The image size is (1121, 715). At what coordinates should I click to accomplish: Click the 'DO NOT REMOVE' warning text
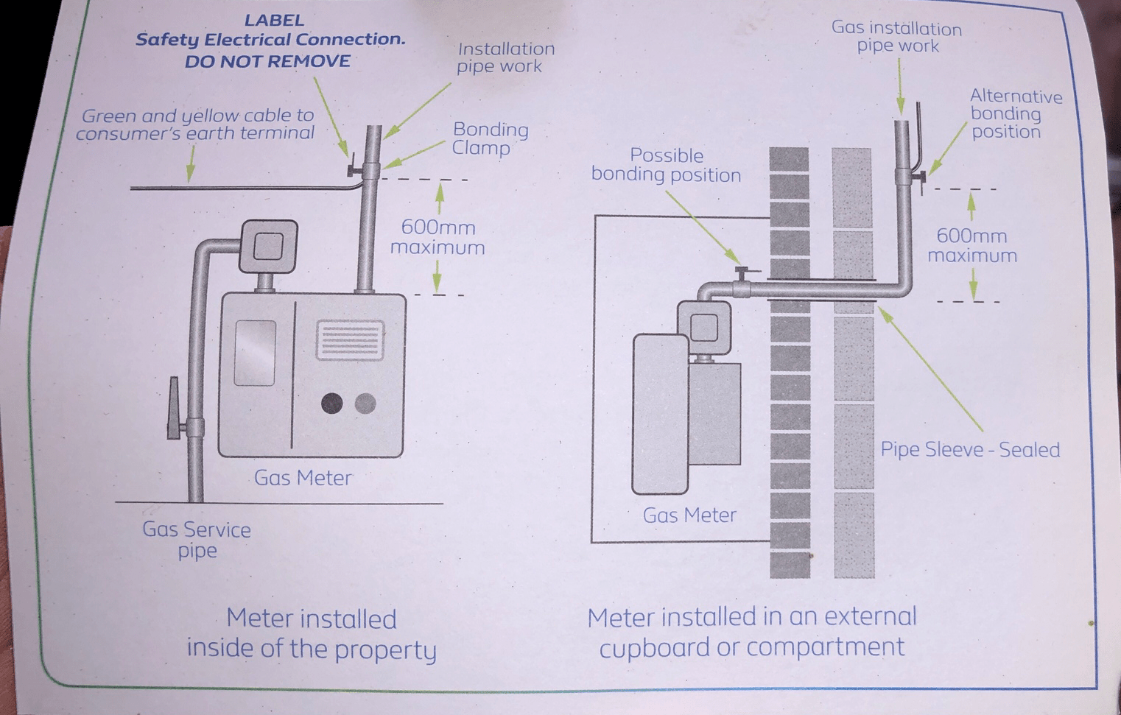click(x=267, y=62)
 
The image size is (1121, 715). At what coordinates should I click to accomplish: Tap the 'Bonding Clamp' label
click(x=490, y=138)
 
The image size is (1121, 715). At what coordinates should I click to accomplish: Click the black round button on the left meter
click(x=331, y=404)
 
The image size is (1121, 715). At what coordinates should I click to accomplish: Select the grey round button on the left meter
click(x=365, y=404)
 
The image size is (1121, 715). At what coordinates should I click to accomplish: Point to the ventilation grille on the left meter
click(x=350, y=340)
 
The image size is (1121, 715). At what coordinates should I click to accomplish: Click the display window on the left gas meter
click(x=255, y=353)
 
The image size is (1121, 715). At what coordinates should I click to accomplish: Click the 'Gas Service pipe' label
click(x=197, y=540)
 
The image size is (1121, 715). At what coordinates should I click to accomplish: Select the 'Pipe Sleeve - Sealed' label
click(x=970, y=450)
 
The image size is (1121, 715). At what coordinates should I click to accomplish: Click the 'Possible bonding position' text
click(x=666, y=166)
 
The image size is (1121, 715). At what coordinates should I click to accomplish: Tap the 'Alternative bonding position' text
click(x=1015, y=114)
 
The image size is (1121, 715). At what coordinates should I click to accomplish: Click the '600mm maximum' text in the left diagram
click(x=437, y=237)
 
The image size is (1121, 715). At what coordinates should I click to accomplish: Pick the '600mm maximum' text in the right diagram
click(x=971, y=245)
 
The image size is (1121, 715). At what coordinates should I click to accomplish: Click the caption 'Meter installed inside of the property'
click(x=311, y=633)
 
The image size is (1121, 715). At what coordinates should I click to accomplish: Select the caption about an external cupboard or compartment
click(x=752, y=632)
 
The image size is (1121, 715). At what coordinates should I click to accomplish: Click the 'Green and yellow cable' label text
click(x=196, y=124)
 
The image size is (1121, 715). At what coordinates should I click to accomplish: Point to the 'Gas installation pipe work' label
click(x=896, y=38)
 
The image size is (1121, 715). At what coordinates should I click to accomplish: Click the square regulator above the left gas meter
click(x=267, y=246)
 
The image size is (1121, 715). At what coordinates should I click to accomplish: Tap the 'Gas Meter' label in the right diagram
click(x=689, y=515)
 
